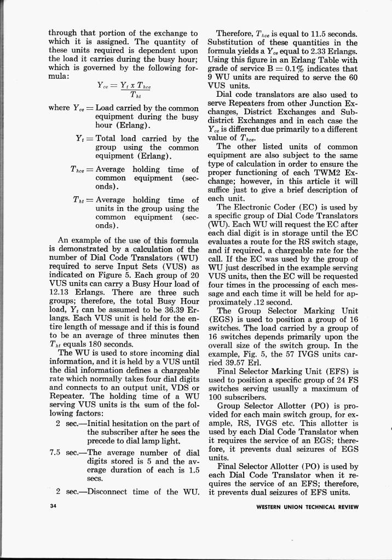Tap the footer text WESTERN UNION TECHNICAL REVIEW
[307, 507]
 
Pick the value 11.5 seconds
[300, 33]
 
